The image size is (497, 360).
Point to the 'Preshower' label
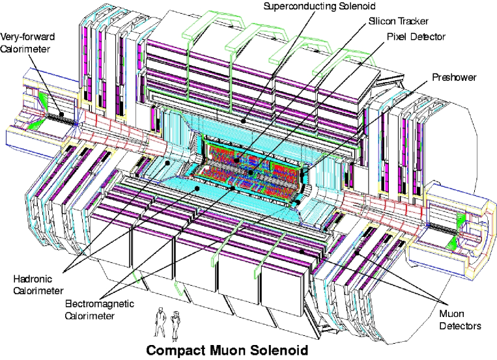click(x=455, y=77)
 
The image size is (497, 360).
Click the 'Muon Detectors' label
click(x=459, y=319)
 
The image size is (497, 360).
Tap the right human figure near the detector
click(x=175, y=324)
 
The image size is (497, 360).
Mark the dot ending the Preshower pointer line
click(x=296, y=202)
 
